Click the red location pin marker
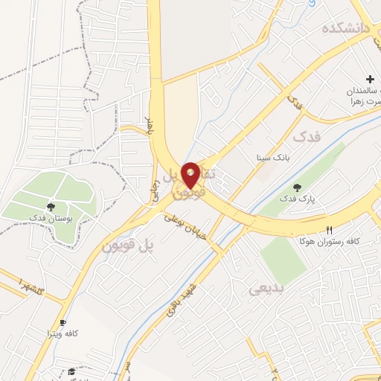(190, 176)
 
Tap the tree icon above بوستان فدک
(51, 207)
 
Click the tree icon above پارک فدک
(298, 188)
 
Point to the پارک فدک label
(298, 199)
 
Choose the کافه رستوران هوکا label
(331, 241)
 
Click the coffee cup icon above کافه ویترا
(63, 321)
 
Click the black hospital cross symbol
(370, 78)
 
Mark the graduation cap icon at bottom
(71, 371)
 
